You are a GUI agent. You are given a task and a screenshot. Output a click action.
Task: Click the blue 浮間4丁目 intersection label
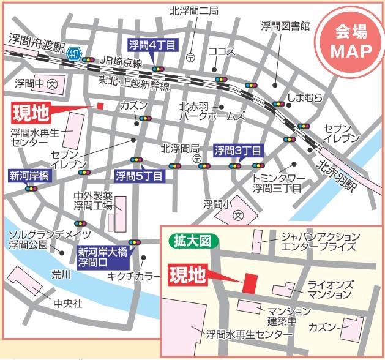pyautogui.click(x=152, y=44)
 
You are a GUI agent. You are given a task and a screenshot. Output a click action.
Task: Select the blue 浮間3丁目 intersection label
pyautogui.click(x=238, y=149)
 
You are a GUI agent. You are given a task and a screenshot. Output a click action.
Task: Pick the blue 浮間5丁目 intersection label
pyautogui.click(x=140, y=177)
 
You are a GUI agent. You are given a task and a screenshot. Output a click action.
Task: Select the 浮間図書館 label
pyautogui.click(x=285, y=26)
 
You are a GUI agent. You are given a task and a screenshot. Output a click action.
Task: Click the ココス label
pyautogui.click(x=221, y=51)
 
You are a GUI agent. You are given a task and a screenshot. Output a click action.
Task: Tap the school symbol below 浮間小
pyautogui.click(x=238, y=216)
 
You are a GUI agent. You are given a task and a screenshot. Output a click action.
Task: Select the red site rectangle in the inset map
pyautogui.click(x=249, y=283)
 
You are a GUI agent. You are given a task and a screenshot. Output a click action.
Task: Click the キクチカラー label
pyautogui.click(x=133, y=276)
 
